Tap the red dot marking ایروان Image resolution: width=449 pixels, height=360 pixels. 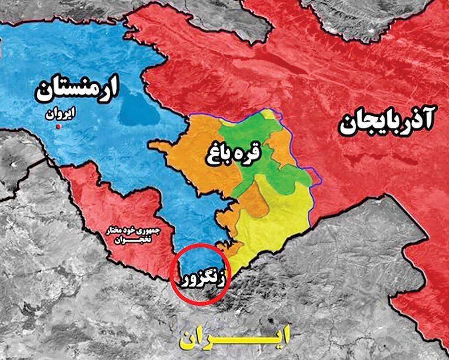59,127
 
